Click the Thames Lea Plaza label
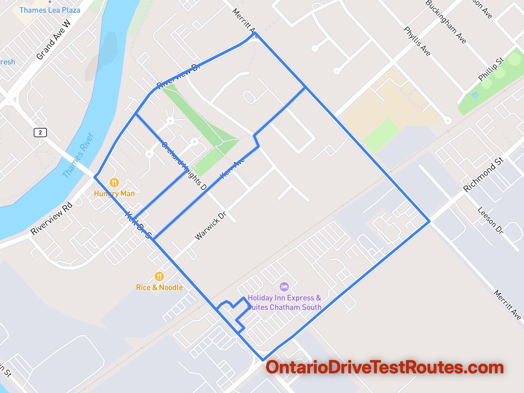50,10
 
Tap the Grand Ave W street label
53,40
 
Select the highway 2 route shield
40,133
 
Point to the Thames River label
78,155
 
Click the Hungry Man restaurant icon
114,182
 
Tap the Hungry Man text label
114,194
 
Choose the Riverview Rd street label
51,218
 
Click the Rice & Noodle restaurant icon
159,276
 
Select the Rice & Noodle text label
159,288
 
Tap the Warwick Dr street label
210,226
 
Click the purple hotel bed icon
284,287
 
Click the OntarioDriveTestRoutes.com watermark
384,367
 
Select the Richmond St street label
483,175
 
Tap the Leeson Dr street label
490,220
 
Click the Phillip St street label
491,69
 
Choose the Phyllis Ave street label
417,41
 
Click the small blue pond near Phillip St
475,95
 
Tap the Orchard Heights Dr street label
184,166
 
